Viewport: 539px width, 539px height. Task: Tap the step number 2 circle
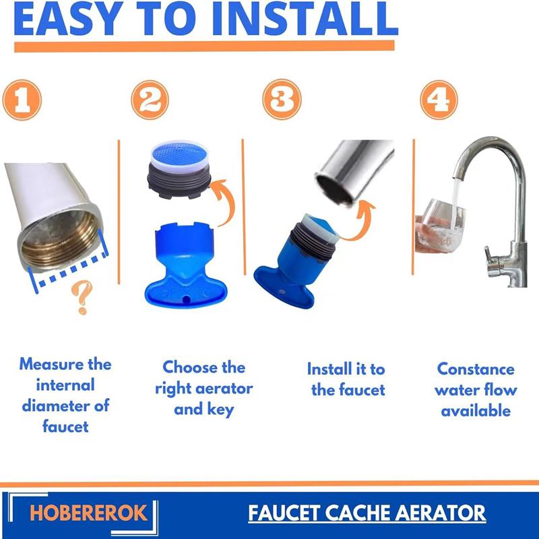click(149, 101)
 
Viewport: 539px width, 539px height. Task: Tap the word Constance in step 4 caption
click(476, 369)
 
